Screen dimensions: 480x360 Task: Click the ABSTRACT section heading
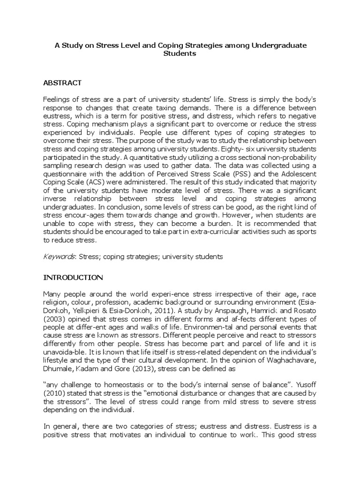pyautogui.click(x=62, y=83)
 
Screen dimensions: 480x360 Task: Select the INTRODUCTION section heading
pyautogui.click(x=73, y=277)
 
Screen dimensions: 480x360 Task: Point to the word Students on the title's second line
pyautogui.click(x=180, y=53)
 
